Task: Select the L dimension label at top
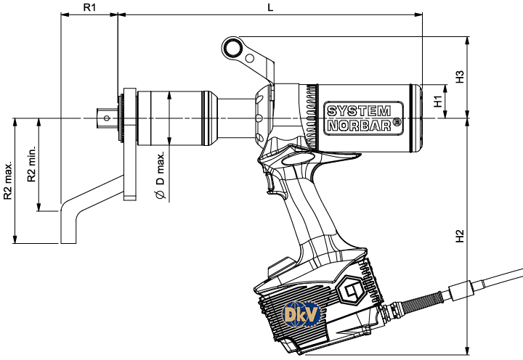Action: pyautogui.click(x=269, y=7)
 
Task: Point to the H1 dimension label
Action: pyautogui.click(x=438, y=101)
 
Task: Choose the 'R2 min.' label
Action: pyautogui.click(x=31, y=165)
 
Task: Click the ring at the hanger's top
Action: pyautogui.click(x=234, y=47)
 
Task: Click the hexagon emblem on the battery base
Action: pyautogui.click(x=352, y=292)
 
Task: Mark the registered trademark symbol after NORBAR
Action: pyautogui.click(x=397, y=123)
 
